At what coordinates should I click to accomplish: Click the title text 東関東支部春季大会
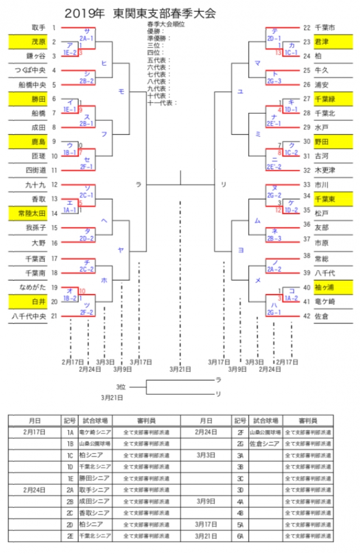click(x=164, y=13)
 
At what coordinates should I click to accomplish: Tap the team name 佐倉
click(x=322, y=316)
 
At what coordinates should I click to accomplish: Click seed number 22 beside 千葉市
click(x=307, y=28)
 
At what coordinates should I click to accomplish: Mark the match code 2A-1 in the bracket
click(x=87, y=38)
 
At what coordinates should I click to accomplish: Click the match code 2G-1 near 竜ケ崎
click(x=274, y=312)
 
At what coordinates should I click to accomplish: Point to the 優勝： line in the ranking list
click(x=154, y=32)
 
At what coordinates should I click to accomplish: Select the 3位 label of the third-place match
click(x=121, y=387)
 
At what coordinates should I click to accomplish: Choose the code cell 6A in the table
click(x=240, y=536)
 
